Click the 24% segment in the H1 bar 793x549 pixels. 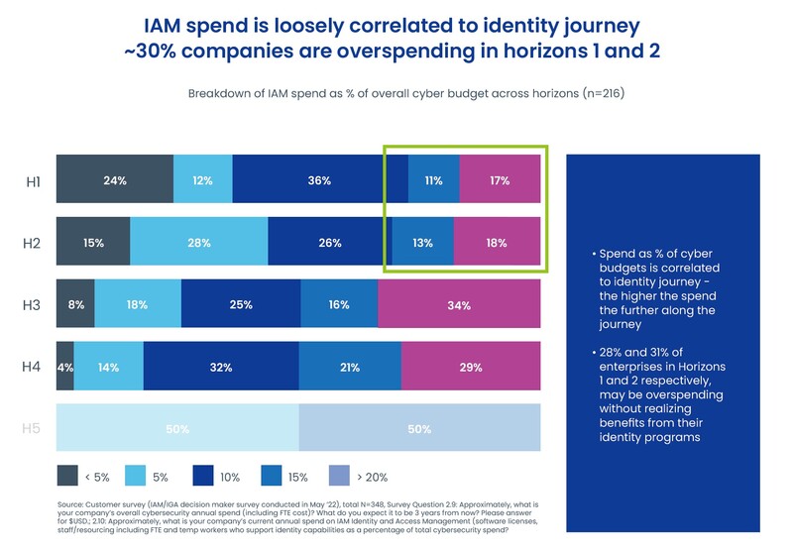pos(115,181)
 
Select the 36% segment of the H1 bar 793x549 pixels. pos(319,181)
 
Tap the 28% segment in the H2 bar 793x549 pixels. pos(198,243)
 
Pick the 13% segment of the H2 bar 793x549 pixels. pos(422,243)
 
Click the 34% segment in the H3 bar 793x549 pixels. pos(459,304)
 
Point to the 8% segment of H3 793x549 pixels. pos(75,304)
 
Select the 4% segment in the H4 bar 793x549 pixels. pos(64,367)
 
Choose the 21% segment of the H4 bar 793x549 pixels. pos(350,367)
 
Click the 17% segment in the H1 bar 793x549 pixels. pos(500,181)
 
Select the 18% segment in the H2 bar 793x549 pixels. pos(497,243)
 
